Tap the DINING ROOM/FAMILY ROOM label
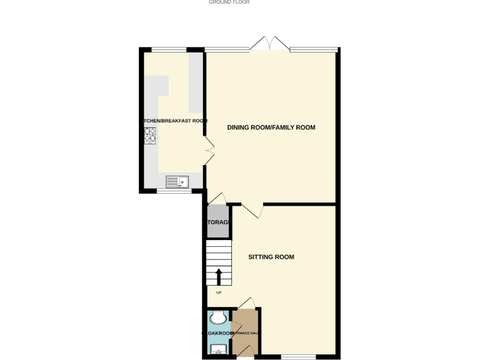pos(271,127)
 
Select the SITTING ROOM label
pos(271,257)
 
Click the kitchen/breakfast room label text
pos(173,121)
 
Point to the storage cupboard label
pos(218,222)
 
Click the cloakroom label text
pos(218,334)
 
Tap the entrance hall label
pos(246,334)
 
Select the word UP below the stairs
pos(219,292)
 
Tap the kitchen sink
pos(177,182)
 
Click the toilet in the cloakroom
pos(217,318)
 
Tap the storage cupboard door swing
pos(216,198)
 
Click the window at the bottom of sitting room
pos(298,357)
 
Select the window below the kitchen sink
pos(174,191)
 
